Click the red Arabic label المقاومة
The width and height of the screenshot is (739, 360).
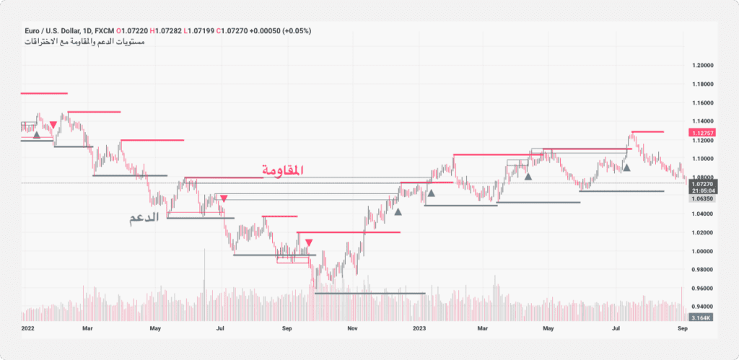(282, 170)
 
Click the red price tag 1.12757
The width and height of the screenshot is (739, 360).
(703, 133)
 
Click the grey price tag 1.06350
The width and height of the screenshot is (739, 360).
(703, 198)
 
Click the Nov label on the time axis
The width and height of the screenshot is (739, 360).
(353, 328)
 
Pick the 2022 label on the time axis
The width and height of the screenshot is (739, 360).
(28, 328)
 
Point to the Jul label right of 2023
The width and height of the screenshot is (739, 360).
(617, 328)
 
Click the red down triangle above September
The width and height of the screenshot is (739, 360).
(309, 243)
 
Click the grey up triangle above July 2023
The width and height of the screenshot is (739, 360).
(626, 167)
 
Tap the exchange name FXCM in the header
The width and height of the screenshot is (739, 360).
(106, 31)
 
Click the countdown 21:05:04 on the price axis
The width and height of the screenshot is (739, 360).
(703, 191)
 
